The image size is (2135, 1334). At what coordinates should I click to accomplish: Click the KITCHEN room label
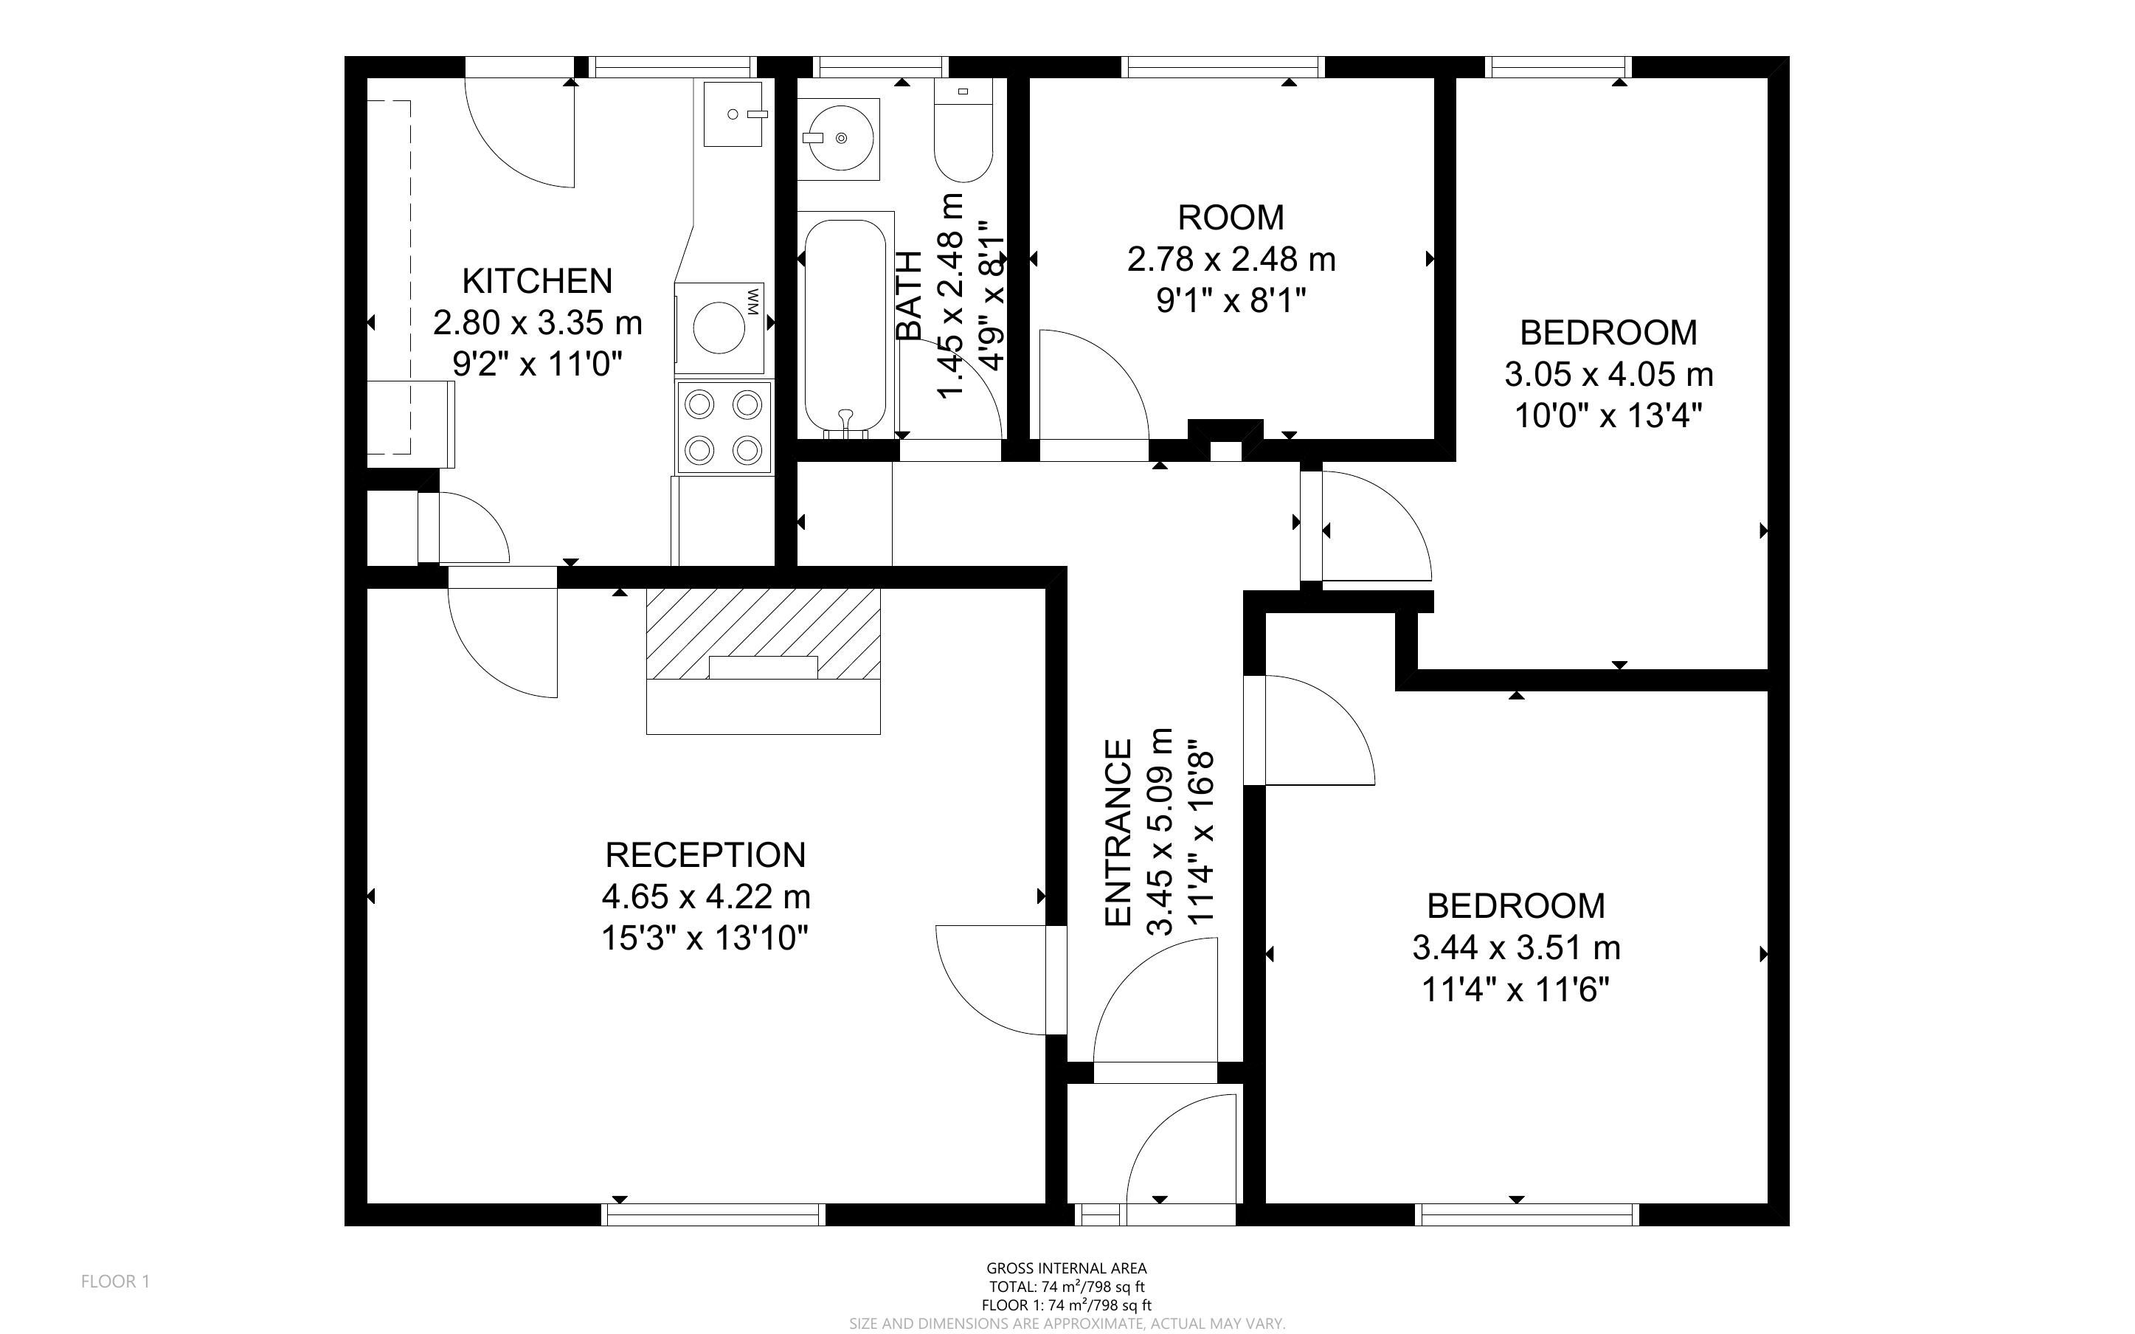537,280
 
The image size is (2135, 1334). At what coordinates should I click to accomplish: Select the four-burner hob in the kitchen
724,427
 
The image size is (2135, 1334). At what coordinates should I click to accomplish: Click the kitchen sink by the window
733,114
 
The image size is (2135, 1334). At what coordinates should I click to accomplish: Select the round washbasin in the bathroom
839,139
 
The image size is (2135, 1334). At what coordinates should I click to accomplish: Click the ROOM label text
1231,217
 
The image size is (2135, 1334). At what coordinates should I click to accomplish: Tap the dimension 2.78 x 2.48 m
1231,260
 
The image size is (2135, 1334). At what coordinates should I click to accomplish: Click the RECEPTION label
705,855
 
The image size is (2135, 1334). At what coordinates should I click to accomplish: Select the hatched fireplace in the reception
764,634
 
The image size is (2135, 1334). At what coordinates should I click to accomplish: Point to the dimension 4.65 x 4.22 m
705,897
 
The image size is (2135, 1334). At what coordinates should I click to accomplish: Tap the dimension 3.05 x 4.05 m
1608,374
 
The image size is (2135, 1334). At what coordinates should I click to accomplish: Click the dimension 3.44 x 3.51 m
1516,948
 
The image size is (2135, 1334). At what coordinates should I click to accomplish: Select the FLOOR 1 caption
116,1281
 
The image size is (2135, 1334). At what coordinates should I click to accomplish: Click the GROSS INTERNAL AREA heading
1066,1269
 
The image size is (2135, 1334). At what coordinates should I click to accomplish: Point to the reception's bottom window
713,1215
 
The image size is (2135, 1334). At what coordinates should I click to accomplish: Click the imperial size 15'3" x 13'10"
705,938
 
